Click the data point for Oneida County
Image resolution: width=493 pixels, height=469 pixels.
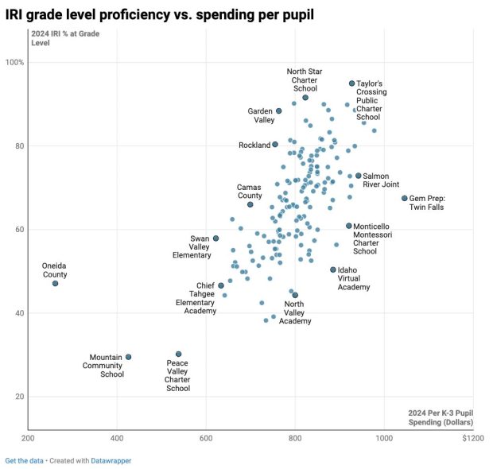(55, 283)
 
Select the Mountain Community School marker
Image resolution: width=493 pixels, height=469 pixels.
(128, 357)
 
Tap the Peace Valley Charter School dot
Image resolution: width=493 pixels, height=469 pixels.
(178, 354)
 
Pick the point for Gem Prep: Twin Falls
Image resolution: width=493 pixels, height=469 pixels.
(404, 198)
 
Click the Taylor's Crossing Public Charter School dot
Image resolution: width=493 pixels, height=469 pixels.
(351, 83)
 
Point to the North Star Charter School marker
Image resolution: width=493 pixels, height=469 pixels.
(305, 97)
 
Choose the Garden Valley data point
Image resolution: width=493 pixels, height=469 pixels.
(278, 110)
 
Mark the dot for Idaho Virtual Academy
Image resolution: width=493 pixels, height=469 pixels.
(333, 269)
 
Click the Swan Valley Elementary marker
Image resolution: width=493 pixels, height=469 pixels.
(215, 238)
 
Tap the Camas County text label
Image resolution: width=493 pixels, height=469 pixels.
(249, 192)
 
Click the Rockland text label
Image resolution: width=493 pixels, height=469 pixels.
(254, 145)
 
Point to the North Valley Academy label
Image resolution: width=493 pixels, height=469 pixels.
(294, 312)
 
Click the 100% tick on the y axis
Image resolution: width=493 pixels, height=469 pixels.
(15, 62)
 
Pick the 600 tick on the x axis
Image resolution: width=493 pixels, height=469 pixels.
(206, 437)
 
